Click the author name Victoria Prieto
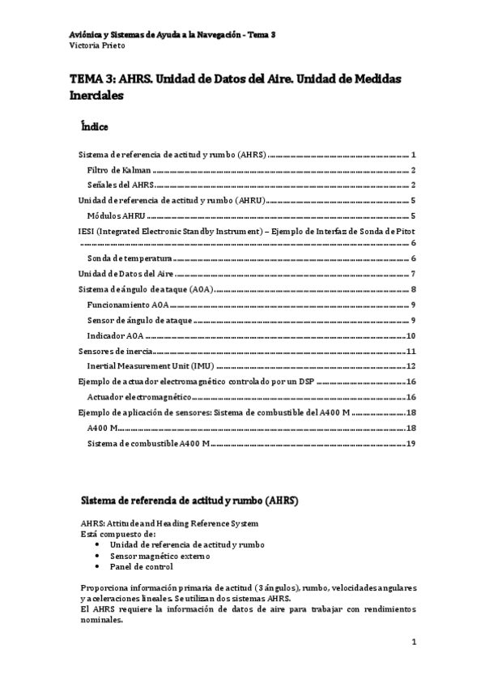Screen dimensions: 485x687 (x=94, y=45)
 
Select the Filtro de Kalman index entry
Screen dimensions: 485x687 (x=119, y=170)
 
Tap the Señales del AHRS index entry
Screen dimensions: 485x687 (x=121, y=186)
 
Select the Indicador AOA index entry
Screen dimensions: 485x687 (x=115, y=336)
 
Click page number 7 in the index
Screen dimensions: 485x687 (x=413, y=274)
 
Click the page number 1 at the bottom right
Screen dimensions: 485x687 (x=413, y=643)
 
